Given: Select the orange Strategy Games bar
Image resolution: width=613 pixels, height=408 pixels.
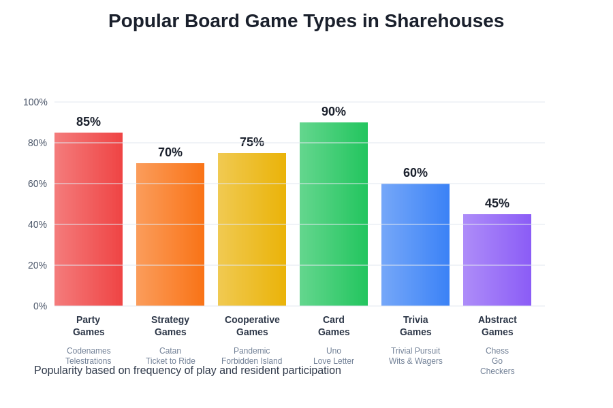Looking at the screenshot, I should tap(170, 235).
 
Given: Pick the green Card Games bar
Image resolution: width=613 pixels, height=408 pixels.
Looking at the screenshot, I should tap(334, 214).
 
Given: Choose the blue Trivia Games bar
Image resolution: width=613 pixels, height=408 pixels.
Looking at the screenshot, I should tap(415, 245).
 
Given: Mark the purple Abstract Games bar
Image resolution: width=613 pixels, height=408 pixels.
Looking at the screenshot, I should tap(497, 260).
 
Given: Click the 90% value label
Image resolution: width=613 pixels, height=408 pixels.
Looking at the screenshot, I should tap(334, 112).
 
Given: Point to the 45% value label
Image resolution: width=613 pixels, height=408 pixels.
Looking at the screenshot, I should tap(497, 203).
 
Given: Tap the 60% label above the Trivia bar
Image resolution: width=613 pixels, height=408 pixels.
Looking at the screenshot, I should tap(415, 173).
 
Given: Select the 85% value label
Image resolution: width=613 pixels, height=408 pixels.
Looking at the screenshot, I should tap(89, 122).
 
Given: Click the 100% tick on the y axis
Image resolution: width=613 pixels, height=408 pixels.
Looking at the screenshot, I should tap(35, 102).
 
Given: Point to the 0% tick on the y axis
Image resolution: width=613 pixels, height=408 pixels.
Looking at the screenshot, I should tap(40, 306).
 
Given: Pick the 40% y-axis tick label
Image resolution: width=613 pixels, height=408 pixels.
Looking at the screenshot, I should tap(37, 224).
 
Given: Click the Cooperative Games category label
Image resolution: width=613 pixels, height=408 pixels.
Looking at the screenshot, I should tap(252, 326).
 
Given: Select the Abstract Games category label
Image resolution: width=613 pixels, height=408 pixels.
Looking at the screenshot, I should tap(497, 326).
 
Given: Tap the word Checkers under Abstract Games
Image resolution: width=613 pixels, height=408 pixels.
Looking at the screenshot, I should tap(497, 371).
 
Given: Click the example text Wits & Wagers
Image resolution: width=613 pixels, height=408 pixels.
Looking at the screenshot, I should tap(415, 361).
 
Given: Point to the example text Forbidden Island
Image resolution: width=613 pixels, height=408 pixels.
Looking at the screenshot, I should tap(252, 361).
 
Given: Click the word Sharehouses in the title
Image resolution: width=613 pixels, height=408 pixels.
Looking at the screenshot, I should tap(444, 21).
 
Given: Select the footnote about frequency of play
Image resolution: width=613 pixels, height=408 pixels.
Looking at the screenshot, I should tap(187, 371).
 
